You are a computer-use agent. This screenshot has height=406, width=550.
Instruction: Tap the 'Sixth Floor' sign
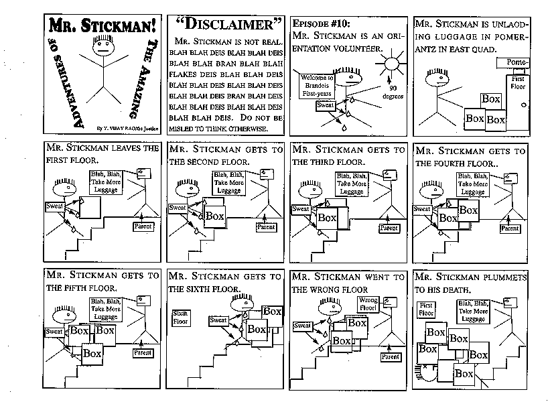181,317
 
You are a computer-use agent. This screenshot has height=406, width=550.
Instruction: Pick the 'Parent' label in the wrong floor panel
390,356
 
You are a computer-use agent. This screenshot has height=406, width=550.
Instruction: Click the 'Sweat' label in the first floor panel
55,206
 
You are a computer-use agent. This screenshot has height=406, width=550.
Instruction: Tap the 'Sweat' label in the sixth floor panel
219,320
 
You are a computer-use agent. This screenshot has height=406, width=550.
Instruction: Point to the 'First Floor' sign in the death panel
427,309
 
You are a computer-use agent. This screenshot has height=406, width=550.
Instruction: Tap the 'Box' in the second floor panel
214,216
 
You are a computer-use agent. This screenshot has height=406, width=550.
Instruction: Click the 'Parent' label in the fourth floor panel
510,228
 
